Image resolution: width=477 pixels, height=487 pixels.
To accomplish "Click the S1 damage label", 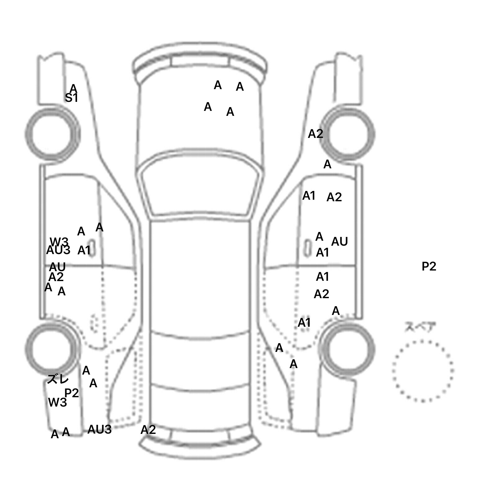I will (71, 98).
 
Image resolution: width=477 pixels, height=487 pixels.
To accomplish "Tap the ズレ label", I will (58, 379).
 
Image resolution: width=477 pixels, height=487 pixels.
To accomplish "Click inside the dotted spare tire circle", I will (422, 371).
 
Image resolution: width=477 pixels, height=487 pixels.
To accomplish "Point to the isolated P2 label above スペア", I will (429, 266).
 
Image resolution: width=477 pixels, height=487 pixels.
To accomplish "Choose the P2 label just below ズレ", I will (71, 393).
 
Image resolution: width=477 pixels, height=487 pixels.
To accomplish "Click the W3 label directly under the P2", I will (57, 403).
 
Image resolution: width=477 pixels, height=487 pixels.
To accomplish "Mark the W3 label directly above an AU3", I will (59, 242).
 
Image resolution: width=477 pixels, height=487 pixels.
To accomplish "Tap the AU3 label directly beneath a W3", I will (58, 250).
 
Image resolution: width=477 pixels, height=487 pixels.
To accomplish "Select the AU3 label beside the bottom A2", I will (99, 430).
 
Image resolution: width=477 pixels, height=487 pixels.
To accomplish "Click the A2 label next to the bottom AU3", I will (148, 430).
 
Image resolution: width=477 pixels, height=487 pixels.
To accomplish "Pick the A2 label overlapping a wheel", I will (316, 134).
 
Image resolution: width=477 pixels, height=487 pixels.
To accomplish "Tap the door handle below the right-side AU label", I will (307, 248).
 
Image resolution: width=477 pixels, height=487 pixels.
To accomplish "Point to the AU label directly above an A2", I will (57, 267).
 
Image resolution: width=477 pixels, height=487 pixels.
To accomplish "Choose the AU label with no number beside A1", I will (339, 242).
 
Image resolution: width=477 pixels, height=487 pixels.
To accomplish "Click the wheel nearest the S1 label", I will (52, 134).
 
